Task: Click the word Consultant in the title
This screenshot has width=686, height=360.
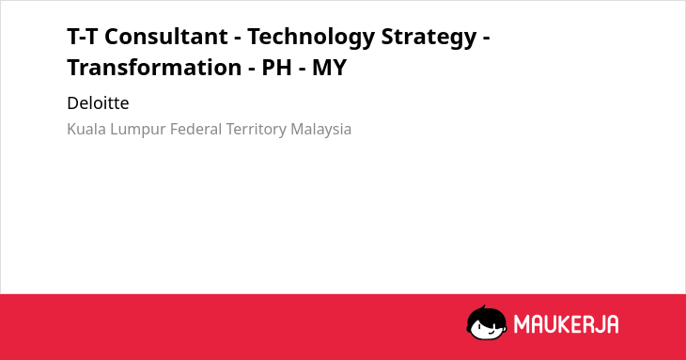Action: click(166, 37)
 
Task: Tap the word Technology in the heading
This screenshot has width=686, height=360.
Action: click(311, 38)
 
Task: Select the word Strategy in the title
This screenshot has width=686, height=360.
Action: click(429, 38)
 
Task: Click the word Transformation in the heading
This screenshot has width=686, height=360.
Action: click(154, 68)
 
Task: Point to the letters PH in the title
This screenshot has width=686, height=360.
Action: click(276, 68)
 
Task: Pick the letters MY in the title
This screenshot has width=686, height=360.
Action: click(330, 68)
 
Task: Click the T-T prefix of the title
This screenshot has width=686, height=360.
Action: click(83, 37)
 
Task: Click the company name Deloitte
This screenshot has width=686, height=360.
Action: click(98, 103)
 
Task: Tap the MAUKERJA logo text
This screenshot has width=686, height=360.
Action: click(566, 324)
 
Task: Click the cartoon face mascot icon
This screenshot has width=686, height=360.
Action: click(487, 322)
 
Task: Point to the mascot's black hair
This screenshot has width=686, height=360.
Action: click(486, 315)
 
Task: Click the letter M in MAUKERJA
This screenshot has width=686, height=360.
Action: click(522, 324)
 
